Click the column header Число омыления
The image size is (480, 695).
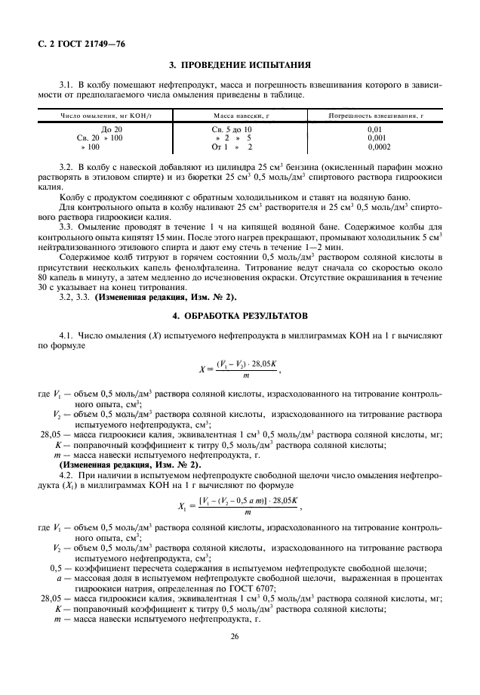[x=96, y=115]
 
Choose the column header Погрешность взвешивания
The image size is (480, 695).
[x=375, y=115]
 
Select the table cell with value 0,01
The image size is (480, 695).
[x=375, y=130]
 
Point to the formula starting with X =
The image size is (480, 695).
[x=239, y=369]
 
